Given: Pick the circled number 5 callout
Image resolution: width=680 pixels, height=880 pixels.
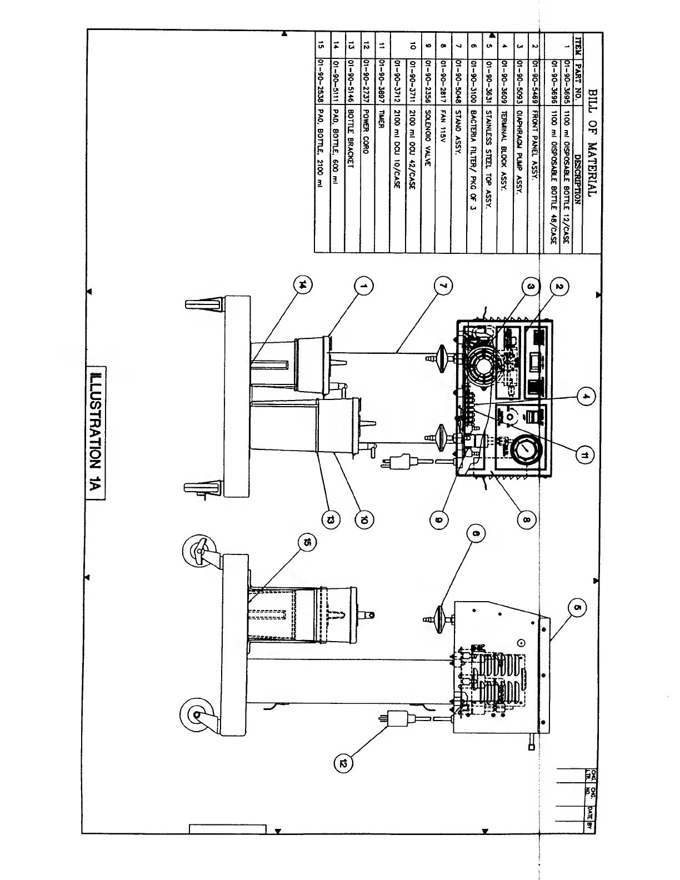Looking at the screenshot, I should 576,608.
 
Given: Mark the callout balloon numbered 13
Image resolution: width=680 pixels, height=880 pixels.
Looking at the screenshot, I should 331,520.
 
